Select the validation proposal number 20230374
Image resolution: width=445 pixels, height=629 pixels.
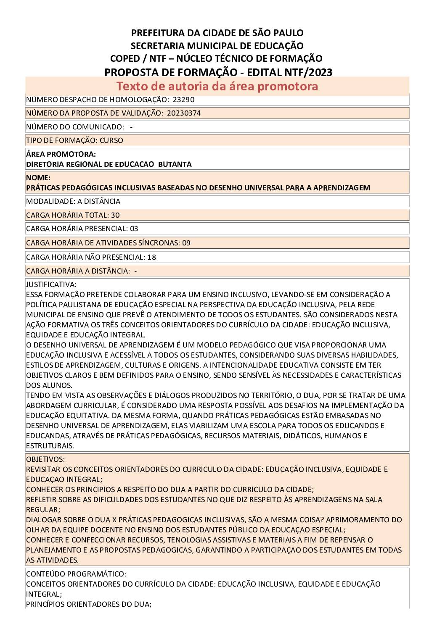pyautogui.click(x=183, y=113)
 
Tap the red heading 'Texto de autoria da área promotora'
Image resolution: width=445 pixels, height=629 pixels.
pyautogui.click(x=217, y=86)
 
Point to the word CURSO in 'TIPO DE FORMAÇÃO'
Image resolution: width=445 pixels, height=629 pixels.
pyautogui.click(x=111, y=140)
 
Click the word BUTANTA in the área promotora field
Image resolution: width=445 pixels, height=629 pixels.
pyautogui.click(x=175, y=164)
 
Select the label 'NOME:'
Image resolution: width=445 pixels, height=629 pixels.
pyautogui.click(x=38, y=178)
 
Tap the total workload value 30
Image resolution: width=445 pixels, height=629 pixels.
pyautogui.click(x=115, y=215)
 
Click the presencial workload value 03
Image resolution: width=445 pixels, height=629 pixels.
pyautogui.click(x=134, y=229)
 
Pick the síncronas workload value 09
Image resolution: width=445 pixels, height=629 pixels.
pyautogui.click(x=186, y=243)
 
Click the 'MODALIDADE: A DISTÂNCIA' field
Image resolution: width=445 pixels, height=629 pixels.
pyautogui.click(x=73, y=201)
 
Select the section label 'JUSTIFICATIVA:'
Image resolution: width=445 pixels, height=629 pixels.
pyautogui.click(x=51, y=284)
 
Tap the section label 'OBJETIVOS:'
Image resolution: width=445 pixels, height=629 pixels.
pyautogui.click(x=45, y=459)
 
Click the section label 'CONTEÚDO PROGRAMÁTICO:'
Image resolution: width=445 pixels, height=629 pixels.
pyautogui.click(x=76, y=574)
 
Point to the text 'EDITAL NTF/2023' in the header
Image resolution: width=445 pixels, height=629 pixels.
pyautogui.click(x=290, y=72)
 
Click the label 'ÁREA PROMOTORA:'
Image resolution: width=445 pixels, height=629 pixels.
pyautogui.click(x=61, y=154)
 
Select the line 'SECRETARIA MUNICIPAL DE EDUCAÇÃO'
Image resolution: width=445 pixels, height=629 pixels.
pyautogui.click(x=217, y=46)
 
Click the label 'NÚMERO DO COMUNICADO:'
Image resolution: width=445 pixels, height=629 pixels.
pyautogui.click(x=75, y=127)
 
